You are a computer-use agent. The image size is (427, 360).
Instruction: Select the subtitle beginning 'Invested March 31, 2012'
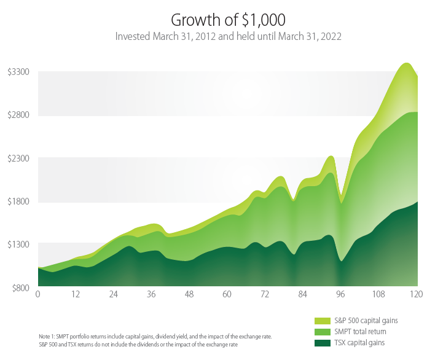pos(228,36)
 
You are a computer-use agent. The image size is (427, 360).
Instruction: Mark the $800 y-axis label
pos(20,287)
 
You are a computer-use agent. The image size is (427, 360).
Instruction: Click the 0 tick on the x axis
pos(38,295)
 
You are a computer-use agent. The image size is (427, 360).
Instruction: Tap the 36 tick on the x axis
pos(152,295)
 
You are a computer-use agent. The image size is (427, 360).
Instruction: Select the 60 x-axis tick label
pos(227,295)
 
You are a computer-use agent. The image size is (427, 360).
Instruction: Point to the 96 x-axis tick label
pos(341,295)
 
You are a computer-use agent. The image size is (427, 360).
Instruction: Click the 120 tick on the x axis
pos(417,295)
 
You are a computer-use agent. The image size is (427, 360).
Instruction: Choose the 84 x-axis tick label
pos(303,295)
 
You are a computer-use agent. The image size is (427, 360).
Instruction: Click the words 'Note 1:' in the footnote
pos(47,337)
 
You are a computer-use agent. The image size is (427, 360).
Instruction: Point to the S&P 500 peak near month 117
pos(406,63)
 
